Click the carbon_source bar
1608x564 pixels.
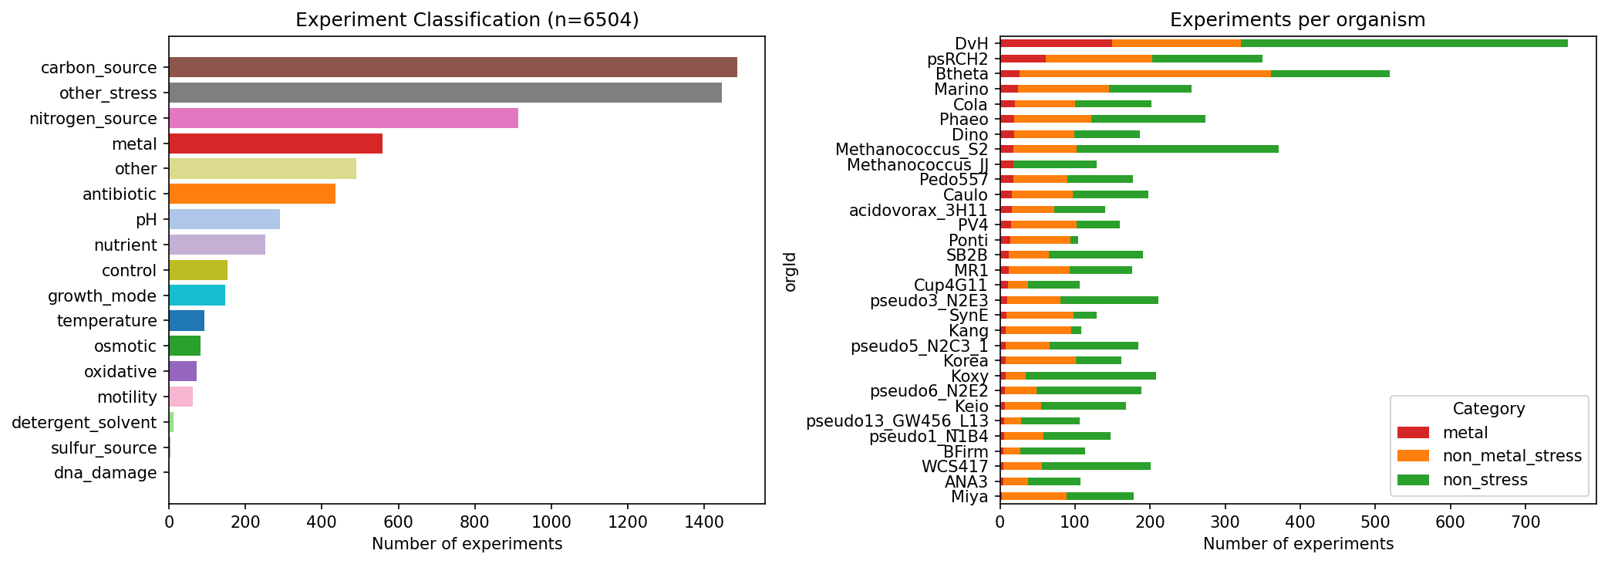pyautogui.click(x=453, y=67)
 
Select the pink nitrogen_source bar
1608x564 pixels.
pyautogui.click(x=343, y=118)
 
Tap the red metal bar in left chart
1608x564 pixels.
pyautogui.click(x=275, y=144)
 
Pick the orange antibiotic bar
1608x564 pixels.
pyautogui.click(x=252, y=194)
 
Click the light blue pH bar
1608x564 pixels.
pyautogui.click(x=224, y=219)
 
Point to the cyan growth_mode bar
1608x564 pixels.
pyautogui.click(x=197, y=296)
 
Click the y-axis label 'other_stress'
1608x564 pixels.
pyautogui.click(x=108, y=93)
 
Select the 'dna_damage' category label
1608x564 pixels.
pyautogui.click(x=106, y=473)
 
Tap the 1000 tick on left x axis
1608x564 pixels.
pyautogui.click(x=551, y=521)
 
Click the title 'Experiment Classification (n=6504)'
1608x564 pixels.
pyautogui.click(x=467, y=20)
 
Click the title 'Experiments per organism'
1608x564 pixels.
pyautogui.click(x=1297, y=20)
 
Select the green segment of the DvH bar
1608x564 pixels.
pyautogui.click(x=1404, y=43)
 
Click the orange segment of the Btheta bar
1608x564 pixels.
pyautogui.click(x=1144, y=73)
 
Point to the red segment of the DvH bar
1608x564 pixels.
pyautogui.click(x=1056, y=43)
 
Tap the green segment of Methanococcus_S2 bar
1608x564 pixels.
pyautogui.click(x=1177, y=149)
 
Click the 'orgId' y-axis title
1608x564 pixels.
pyautogui.click(x=791, y=271)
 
